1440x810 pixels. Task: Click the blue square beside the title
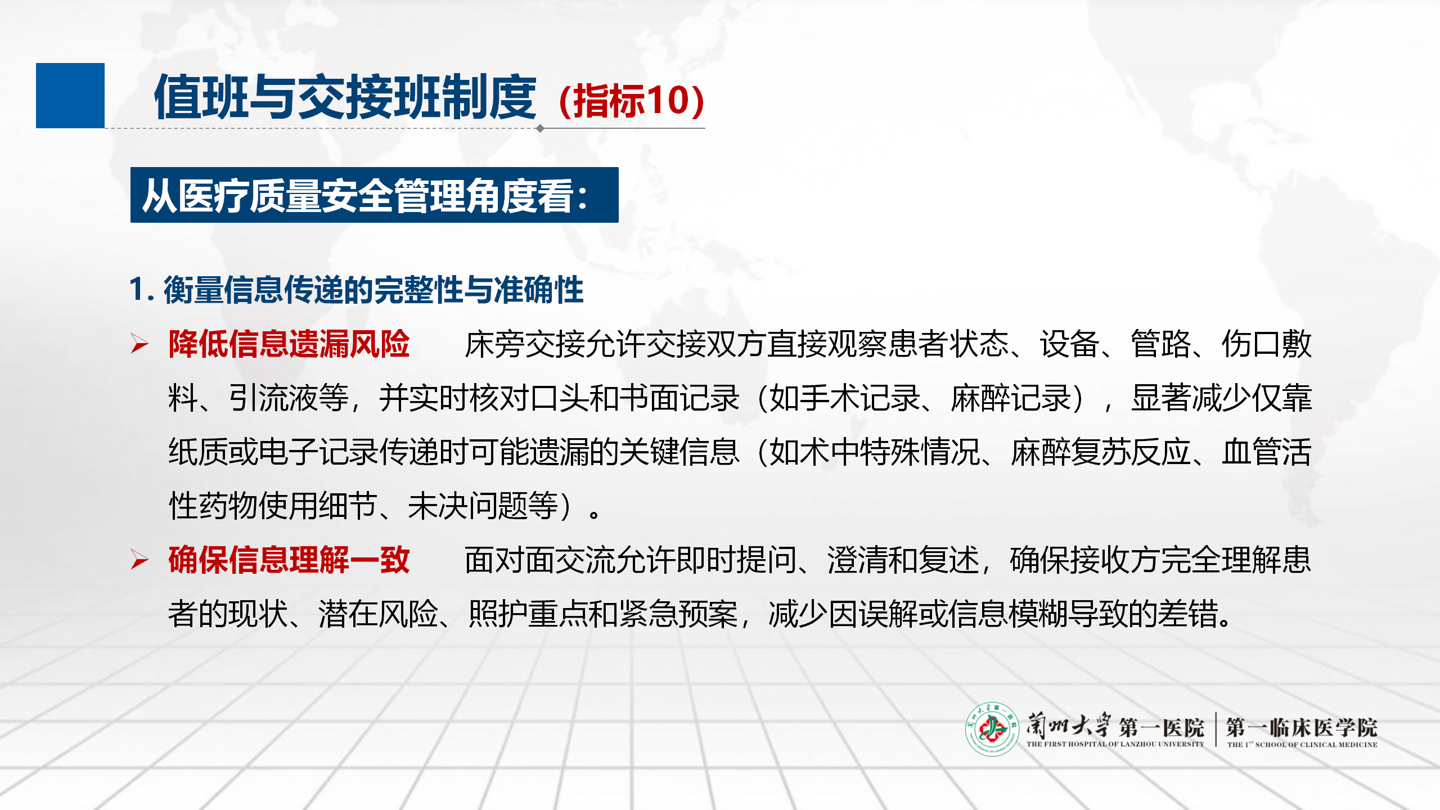click(70, 96)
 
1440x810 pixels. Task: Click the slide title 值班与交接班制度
click(345, 97)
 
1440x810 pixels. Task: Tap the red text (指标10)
click(631, 101)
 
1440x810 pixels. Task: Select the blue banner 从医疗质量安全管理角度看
click(375, 195)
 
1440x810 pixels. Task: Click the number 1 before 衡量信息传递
click(137, 289)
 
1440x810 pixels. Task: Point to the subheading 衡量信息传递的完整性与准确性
click(373, 290)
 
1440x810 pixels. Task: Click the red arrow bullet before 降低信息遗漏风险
click(139, 344)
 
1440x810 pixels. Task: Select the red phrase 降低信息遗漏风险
click(289, 344)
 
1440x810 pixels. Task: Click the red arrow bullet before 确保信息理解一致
click(139, 560)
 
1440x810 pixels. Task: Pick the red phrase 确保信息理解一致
click(289, 560)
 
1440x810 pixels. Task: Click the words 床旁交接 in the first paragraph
click(524, 344)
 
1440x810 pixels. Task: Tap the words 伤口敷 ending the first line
click(1266, 344)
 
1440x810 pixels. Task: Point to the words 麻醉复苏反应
click(1101, 452)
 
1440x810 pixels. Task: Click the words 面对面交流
click(539, 560)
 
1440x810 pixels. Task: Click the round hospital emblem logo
click(992, 729)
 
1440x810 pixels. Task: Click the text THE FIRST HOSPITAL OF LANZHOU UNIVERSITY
click(1115, 744)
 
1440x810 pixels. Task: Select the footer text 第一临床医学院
click(1302, 727)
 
